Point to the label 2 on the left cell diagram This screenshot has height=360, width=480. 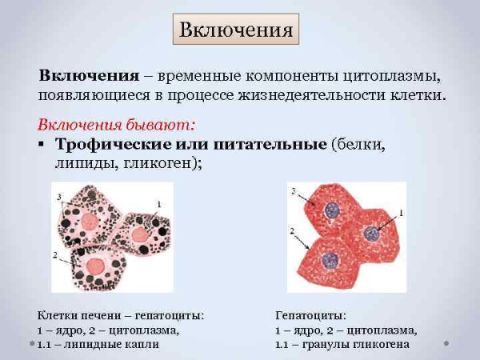coord(54,255)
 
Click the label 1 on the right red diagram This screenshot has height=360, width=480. coord(401,212)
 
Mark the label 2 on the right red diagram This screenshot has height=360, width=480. coord(293,230)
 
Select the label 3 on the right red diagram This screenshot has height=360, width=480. coord(293,190)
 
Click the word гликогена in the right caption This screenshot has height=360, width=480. coord(380,344)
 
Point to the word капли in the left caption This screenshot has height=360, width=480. coord(140,344)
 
